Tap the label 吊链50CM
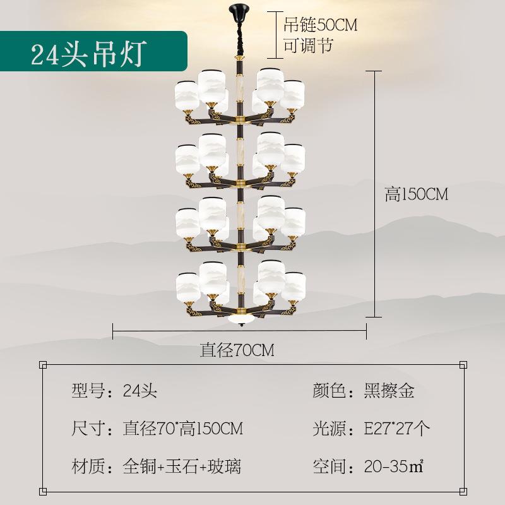pos(320,26)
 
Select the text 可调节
pos(307,46)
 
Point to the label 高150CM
pos(416,194)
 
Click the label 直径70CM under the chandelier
pos(237,349)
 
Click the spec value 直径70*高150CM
pos(182,429)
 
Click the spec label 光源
pos(330,429)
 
